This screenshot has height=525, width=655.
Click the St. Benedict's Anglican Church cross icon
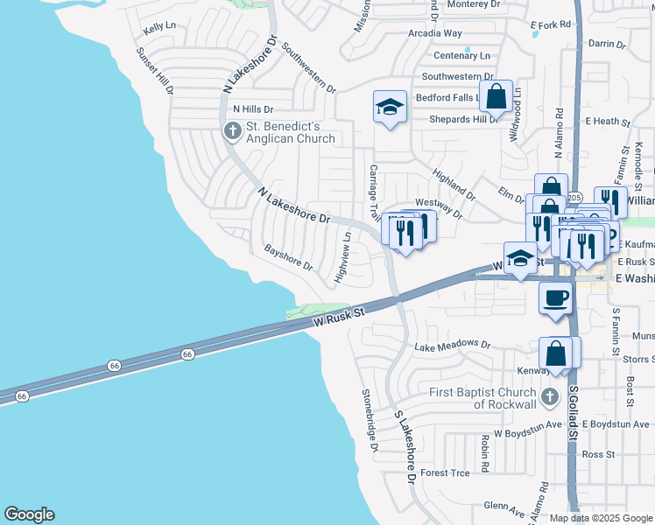click(x=232, y=131)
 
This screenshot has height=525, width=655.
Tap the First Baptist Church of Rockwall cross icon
click(x=549, y=397)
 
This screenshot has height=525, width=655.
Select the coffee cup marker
click(x=555, y=297)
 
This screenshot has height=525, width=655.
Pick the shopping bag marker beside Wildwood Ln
click(x=496, y=98)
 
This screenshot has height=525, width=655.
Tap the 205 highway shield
click(x=574, y=198)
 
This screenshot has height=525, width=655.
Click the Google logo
click(x=29, y=514)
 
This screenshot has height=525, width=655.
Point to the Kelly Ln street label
click(x=159, y=29)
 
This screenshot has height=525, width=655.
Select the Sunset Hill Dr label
click(x=154, y=71)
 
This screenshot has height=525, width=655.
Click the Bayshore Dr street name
click(x=289, y=257)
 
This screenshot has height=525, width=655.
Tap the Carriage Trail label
click(x=373, y=192)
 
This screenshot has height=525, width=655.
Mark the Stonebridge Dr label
click(x=369, y=421)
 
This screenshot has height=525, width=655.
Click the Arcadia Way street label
click(x=434, y=33)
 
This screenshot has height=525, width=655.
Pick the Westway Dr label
click(x=438, y=207)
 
